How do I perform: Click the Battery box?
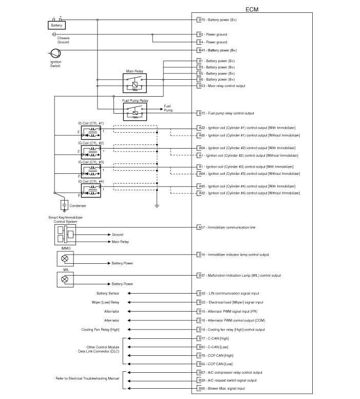coord(56,25)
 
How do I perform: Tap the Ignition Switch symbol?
coord(55,53)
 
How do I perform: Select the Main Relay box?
coord(135,83)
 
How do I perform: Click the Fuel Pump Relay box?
coord(135,112)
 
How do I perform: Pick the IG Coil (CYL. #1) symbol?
coord(91,133)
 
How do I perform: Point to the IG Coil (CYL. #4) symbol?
coord(91,191)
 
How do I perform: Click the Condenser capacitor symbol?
coord(65,205)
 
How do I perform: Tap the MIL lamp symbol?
coord(65,279)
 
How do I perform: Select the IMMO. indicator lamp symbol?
coord(65,259)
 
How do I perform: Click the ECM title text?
coord(252,9)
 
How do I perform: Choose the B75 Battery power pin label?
coord(218,20)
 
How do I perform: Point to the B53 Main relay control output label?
coord(222,86)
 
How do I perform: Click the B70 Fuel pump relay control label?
coord(226,113)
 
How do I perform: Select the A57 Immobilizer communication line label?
coord(227,227)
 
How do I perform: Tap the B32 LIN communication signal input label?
coord(229,294)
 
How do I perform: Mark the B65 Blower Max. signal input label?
coord(222,389)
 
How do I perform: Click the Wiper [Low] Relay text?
coord(105,302)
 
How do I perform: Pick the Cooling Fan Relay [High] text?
coord(101,330)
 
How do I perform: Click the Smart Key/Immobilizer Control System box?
coord(65,234)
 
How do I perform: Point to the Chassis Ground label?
coord(63,40)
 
